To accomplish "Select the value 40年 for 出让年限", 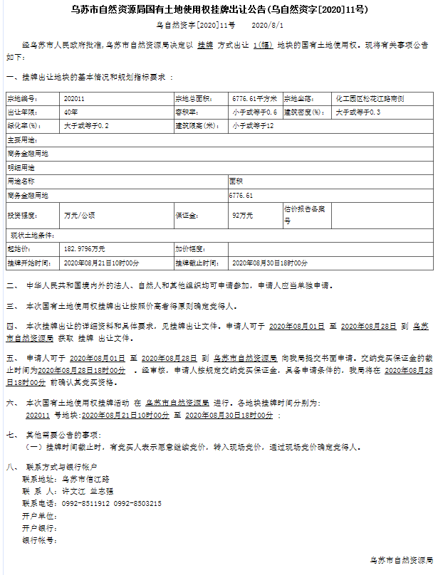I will point(71,112).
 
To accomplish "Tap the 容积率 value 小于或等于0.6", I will point(254,112).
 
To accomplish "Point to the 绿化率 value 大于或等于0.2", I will point(86,125).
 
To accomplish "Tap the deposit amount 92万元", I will point(242,214).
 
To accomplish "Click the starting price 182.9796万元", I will point(85,249).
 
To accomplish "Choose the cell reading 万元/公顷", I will point(79,214).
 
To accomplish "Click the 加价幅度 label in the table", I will point(190,249).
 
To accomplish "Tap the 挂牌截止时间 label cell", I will point(196,263).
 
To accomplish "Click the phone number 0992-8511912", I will point(86,503).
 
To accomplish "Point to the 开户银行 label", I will point(39,528).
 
